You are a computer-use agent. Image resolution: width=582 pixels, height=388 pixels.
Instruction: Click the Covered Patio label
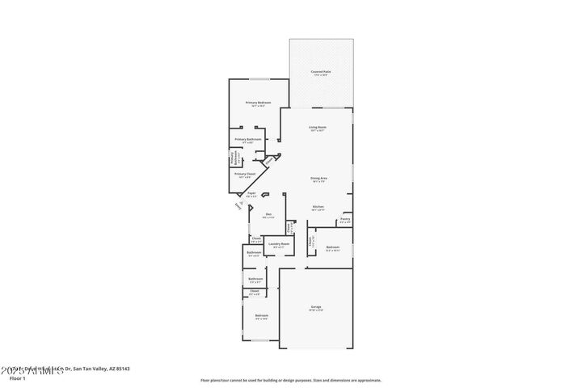(321, 72)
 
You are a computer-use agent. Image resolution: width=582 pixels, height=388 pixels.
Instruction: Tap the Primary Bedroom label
(258, 103)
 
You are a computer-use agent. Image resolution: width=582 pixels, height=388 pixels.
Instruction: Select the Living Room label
(317, 128)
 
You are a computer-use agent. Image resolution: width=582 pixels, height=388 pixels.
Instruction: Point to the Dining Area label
(318, 179)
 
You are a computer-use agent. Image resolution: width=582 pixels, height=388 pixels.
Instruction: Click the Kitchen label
(318, 208)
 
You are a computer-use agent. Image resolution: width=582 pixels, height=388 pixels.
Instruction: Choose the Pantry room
(344, 219)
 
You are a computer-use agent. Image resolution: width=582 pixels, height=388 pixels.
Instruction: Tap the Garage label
(316, 307)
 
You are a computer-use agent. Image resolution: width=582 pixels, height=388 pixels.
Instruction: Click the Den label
(268, 215)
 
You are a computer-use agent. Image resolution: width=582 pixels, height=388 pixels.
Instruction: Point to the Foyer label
(251, 194)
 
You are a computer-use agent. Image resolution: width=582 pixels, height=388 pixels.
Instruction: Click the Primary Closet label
(245, 175)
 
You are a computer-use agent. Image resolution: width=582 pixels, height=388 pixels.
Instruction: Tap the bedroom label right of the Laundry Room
(332, 248)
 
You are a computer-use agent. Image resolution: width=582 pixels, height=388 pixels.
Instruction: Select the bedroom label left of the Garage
(261, 316)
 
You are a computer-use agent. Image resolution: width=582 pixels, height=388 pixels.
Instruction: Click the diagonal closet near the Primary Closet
(268, 162)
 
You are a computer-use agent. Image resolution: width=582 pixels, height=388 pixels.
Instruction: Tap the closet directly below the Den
(255, 238)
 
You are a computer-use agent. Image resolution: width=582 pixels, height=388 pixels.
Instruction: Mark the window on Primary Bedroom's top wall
(258, 79)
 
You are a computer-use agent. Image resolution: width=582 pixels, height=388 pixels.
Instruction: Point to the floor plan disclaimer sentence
(291, 380)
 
